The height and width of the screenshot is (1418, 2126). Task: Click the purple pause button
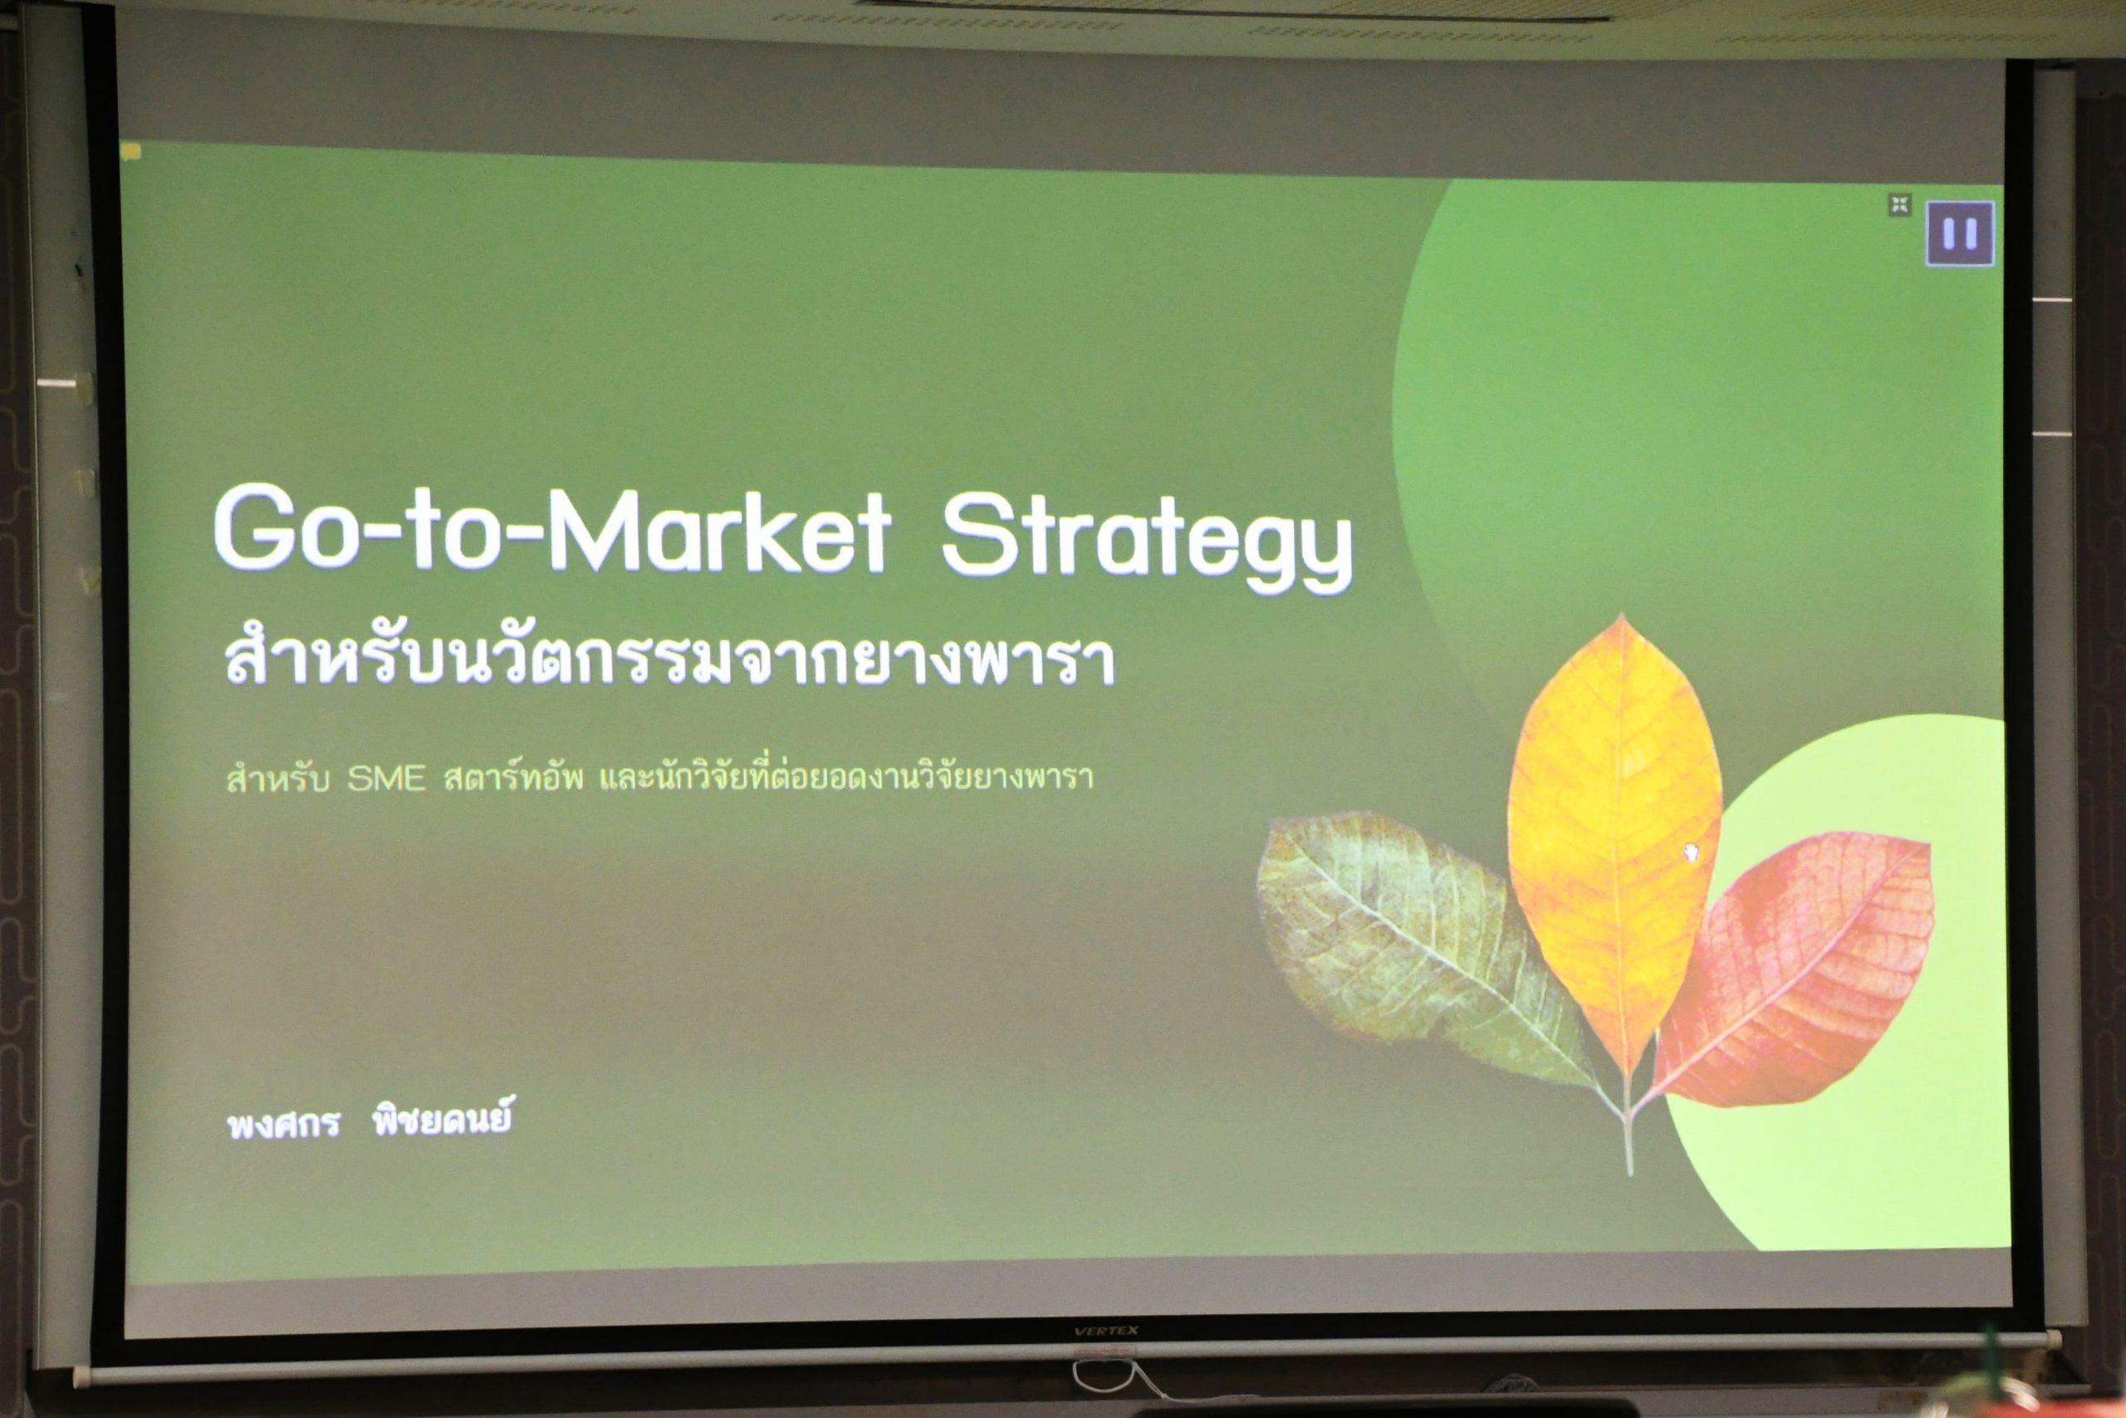[1960, 233]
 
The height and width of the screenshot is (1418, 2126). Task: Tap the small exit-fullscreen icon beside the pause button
[1900, 205]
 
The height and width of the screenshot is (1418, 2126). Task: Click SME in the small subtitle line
[386, 778]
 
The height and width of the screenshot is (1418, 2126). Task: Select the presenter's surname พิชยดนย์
[442, 1122]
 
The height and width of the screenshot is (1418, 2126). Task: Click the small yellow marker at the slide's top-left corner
[133, 152]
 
